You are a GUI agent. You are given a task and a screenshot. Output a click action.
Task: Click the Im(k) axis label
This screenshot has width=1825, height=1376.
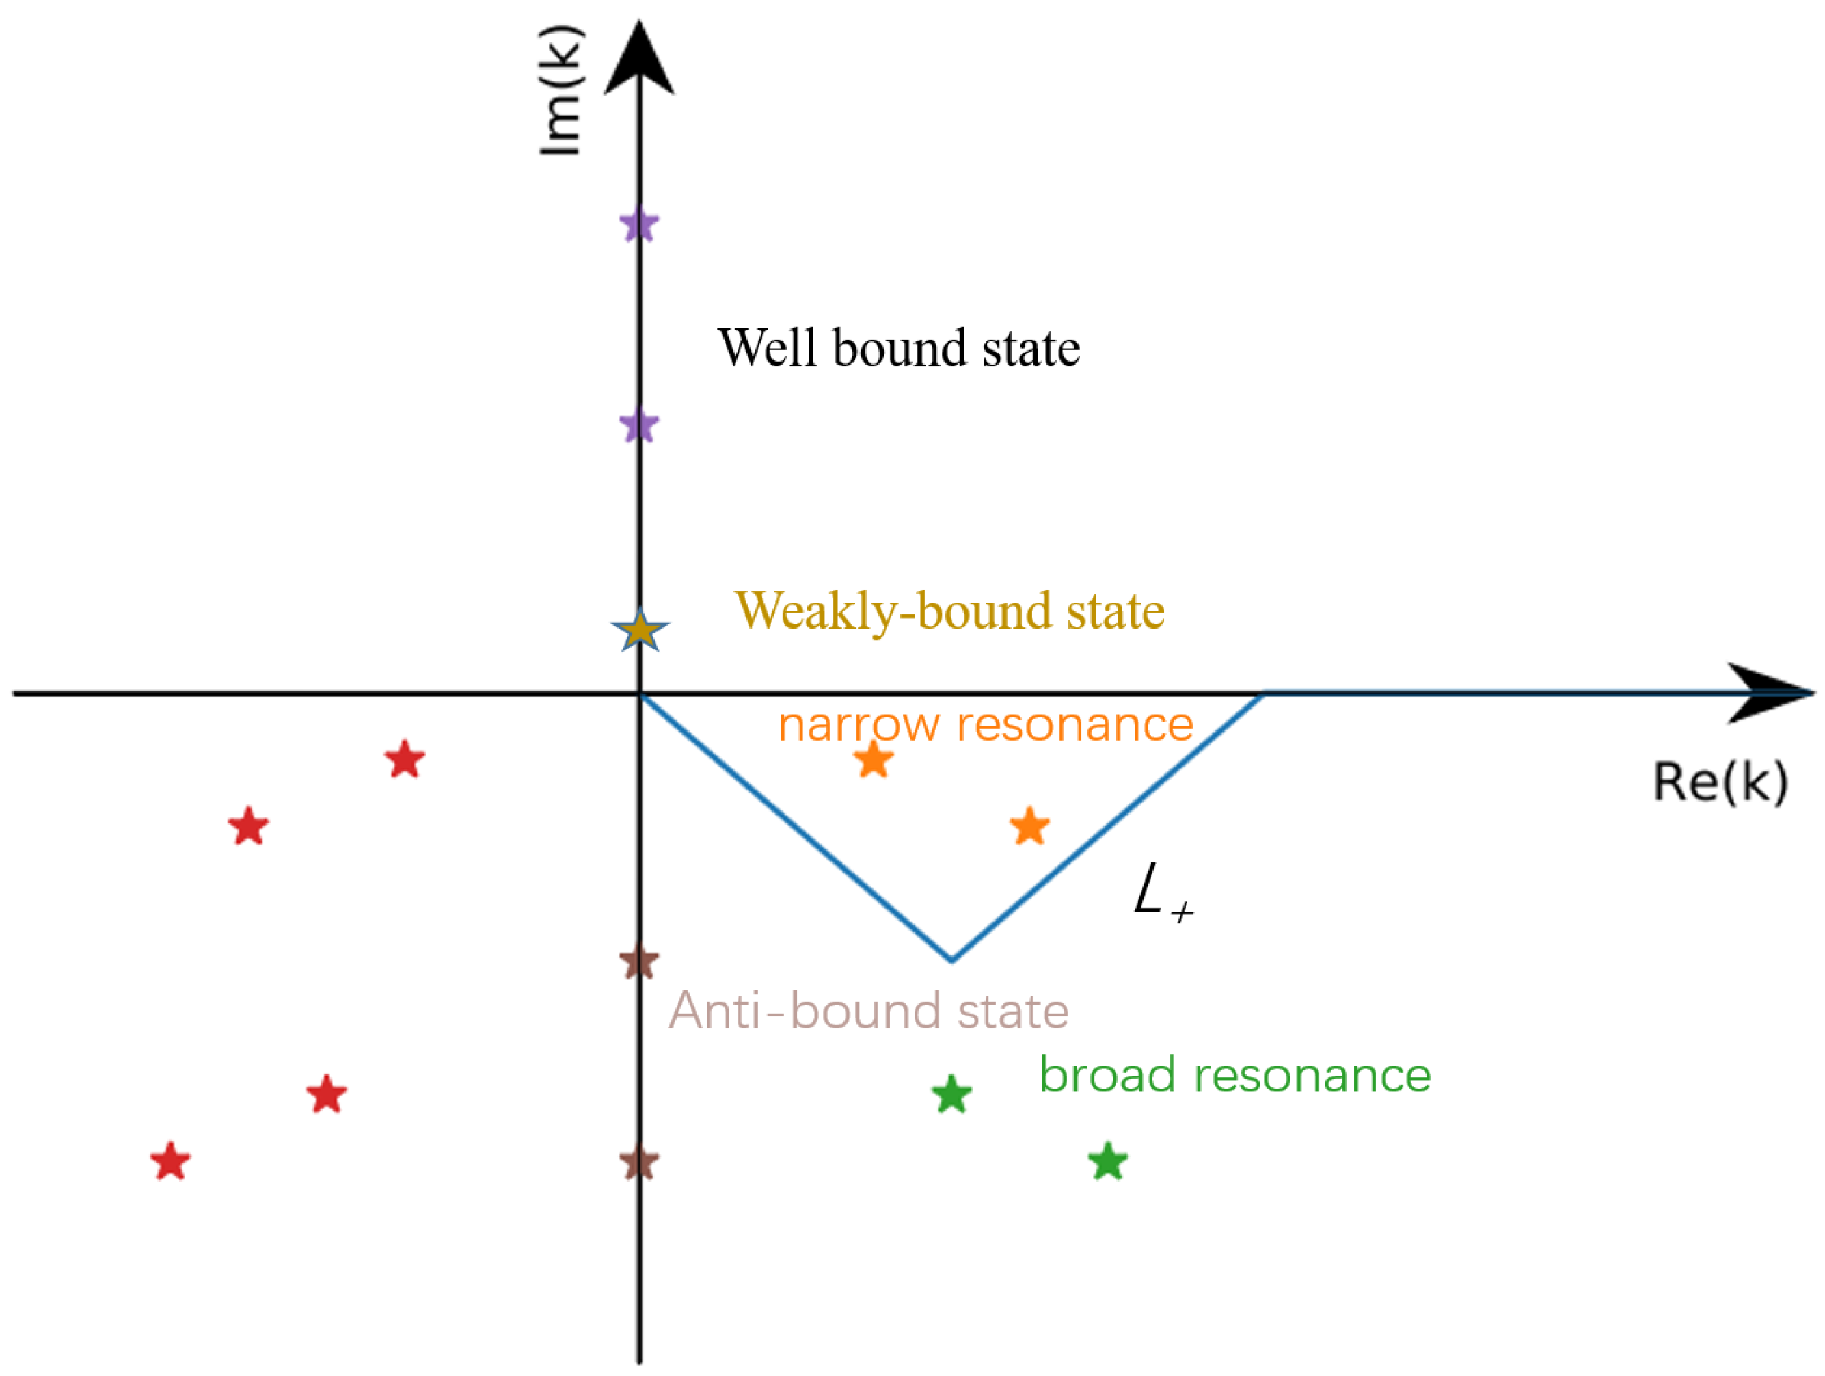561,91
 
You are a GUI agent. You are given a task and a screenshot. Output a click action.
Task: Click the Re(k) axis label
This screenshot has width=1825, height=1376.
1720,782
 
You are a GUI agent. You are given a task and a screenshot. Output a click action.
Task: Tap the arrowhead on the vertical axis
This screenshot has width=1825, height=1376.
639,57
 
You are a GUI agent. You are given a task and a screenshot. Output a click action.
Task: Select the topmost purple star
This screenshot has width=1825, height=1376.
639,224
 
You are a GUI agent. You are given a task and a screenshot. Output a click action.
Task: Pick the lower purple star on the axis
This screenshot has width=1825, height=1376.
639,427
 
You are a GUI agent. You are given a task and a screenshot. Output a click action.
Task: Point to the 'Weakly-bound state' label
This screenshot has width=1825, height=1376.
949,611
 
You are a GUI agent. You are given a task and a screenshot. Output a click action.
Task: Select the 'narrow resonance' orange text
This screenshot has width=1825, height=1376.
986,726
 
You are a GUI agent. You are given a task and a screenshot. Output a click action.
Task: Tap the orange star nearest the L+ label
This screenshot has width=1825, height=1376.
1029,827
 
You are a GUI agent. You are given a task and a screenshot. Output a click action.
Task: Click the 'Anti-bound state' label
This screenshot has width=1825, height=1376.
868,1011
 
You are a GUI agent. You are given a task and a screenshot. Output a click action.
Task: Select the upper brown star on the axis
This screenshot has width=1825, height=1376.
639,962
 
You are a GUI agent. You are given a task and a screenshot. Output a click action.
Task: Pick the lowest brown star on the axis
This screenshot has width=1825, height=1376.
639,1164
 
